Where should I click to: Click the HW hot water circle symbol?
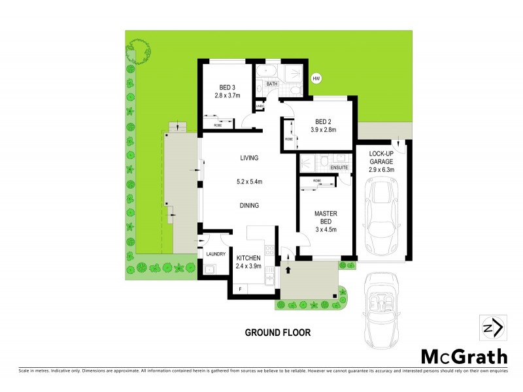click(x=317, y=79)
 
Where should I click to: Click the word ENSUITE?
click(x=340, y=168)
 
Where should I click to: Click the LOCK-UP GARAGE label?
click(x=381, y=158)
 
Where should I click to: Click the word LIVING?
click(x=249, y=158)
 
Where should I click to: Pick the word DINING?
click(x=249, y=205)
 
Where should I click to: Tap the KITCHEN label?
click(x=248, y=258)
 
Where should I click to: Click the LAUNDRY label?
click(x=216, y=254)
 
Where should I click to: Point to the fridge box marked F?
click(x=240, y=289)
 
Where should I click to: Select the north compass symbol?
click(x=491, y=326)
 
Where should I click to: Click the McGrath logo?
click(x=464, y=356)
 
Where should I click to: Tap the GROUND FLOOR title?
click(x=278, y=333)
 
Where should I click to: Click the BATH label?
click(x=271, y=84)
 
